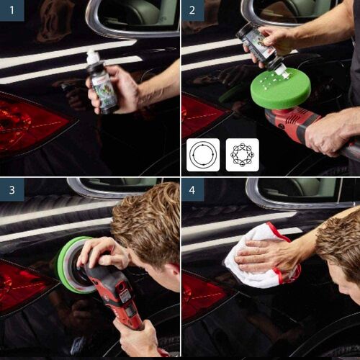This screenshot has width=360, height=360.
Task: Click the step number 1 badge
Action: (12, 12)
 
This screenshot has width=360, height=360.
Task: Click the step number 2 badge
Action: (192, 12)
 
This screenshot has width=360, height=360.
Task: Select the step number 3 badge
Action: (12, 190)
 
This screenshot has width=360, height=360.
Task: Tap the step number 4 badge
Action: (192, 190)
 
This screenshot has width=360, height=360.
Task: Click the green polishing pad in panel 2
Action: (282, 88)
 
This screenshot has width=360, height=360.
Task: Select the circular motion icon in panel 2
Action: (203, 154)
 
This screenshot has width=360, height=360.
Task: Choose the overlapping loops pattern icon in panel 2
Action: (242, 154)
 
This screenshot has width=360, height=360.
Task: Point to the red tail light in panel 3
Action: (25, 284)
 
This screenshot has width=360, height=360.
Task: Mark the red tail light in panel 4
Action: (202, 295)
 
